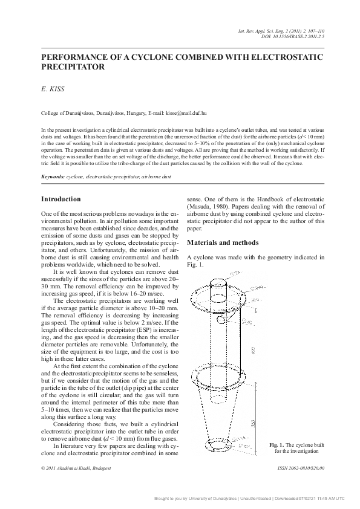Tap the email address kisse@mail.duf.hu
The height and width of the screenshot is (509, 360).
click(x=186, y=112)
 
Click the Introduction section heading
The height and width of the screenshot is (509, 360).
click(x=61, y=199)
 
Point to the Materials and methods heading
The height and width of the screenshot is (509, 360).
click(x=223, y=242)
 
